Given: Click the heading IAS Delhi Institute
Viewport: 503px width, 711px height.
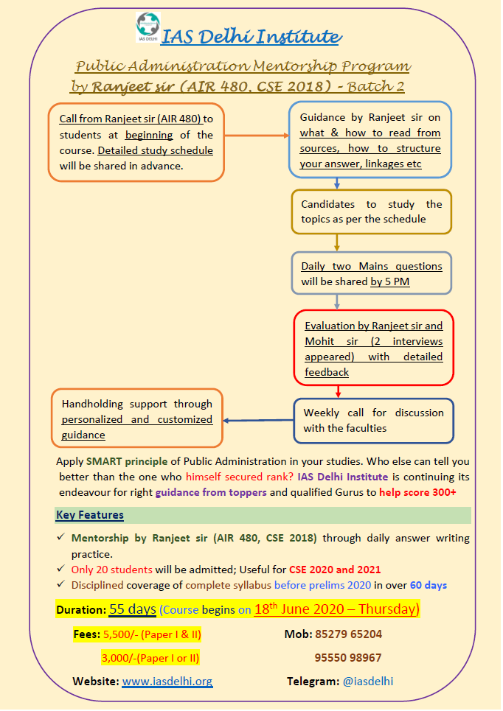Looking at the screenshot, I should coord(251,36).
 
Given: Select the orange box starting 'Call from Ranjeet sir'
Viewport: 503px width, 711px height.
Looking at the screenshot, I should coord(136,142).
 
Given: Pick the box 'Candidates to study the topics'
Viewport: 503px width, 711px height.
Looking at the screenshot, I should coord(371,211).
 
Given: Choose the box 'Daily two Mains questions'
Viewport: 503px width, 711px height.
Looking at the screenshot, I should coord(371,273).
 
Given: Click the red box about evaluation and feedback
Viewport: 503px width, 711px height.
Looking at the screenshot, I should coord(373,349).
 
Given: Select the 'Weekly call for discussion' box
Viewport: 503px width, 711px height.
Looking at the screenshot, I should coord(373,421).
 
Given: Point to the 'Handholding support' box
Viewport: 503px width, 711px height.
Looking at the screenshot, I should coord(136,419).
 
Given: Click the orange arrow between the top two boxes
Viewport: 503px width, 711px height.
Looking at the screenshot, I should coord(255,136).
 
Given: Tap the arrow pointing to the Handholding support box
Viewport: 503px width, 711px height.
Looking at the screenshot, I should coord(257,421).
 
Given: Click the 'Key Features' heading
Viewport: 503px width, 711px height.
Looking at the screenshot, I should coord(90,515).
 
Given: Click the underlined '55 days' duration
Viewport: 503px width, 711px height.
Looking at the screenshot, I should coord(132,609).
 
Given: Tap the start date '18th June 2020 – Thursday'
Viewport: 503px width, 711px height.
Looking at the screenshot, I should coord(336,609).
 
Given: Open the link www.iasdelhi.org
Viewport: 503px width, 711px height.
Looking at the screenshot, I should coord(167,682).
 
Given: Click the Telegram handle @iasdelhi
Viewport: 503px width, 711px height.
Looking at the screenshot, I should coord(369,682).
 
